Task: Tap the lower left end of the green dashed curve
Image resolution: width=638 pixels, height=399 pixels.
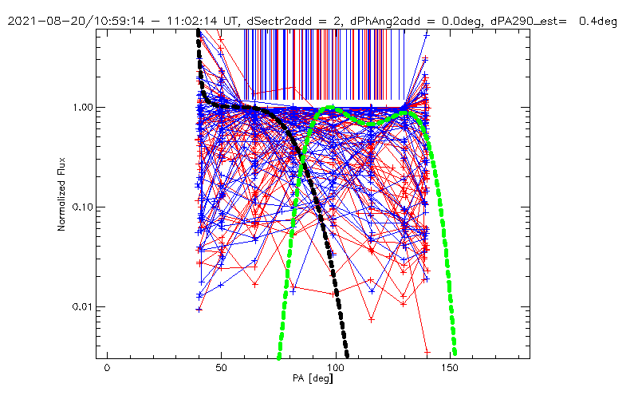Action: (x=279, y=357)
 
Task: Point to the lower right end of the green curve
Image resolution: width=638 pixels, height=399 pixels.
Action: (x=455, y=352)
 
